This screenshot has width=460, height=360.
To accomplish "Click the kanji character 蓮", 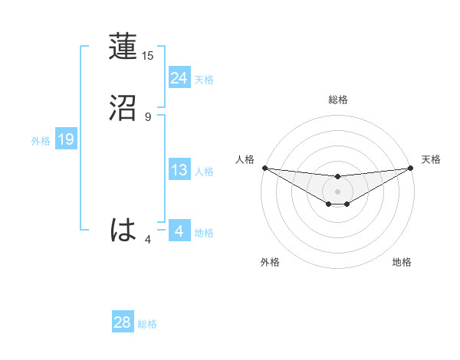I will coord(124,47).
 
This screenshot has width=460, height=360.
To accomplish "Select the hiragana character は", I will coord(124,230).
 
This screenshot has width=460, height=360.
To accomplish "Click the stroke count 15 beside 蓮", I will coord(148,56).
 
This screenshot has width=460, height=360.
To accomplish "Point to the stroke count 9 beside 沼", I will coord(148,117).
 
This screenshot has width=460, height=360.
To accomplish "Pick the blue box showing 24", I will coord(179,78).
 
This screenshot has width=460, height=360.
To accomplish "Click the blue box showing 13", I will coord(179,171).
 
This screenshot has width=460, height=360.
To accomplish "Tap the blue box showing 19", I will coord(65,139).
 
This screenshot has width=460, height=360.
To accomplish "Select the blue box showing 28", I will coord(123,322).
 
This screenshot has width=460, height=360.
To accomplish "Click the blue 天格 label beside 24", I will coord(204,80).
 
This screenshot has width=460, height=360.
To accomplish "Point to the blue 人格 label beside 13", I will coord(204,172).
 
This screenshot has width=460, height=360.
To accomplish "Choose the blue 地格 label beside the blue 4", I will coord(204,233).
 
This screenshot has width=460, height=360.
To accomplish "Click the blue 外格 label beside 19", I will coord(41,141).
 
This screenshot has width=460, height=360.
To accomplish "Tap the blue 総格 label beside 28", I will coord(147,324).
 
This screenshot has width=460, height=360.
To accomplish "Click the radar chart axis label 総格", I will coord(337,100).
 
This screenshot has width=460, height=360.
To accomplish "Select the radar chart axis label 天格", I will coord(431,159).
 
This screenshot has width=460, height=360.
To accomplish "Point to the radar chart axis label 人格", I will coord(245,159).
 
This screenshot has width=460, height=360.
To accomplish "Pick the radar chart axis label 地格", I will coord(402,262).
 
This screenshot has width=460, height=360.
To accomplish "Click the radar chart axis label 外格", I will coord(270,262).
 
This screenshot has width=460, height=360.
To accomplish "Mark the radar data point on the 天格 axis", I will coord(410,168).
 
